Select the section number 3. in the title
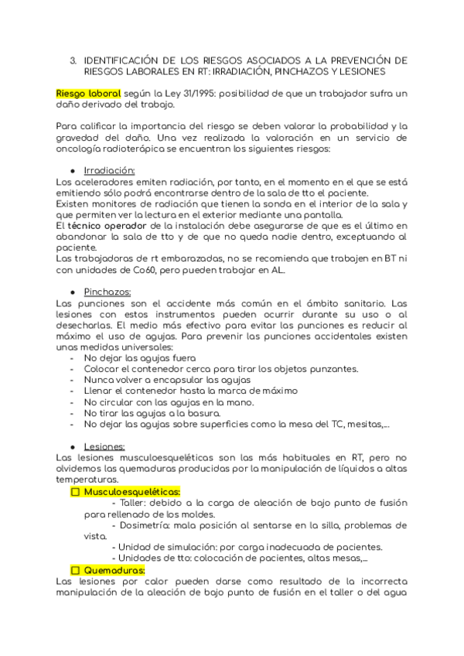coord(73,60)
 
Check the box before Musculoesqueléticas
coord(76,492)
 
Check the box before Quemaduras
coord(76,570)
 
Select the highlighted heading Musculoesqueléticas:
coord(132,492)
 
